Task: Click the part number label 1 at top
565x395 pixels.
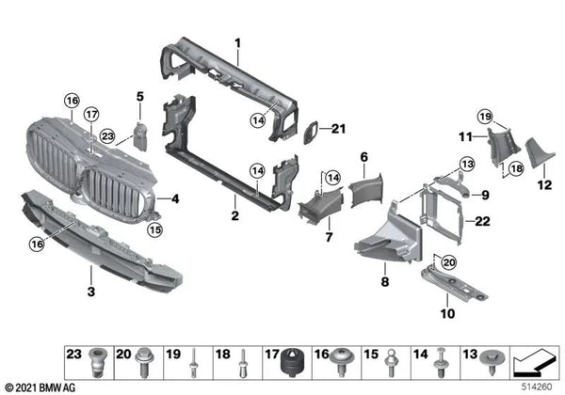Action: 238,42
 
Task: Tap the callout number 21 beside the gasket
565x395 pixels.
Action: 339,129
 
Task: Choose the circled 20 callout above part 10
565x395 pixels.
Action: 448,262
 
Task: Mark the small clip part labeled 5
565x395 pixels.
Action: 141,135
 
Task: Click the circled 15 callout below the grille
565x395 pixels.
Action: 153,229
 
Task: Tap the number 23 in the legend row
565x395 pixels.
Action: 73,355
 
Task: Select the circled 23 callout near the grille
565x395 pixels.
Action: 107,137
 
